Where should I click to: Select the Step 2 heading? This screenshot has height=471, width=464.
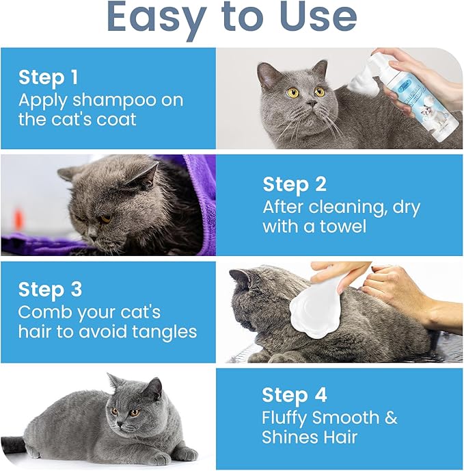[295, 184]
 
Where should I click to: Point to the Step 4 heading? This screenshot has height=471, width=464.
[295, 395]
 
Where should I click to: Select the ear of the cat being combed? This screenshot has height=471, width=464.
[241, 278]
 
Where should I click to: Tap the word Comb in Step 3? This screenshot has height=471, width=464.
[44, 312]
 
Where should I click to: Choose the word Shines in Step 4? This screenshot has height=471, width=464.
[290, 437]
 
